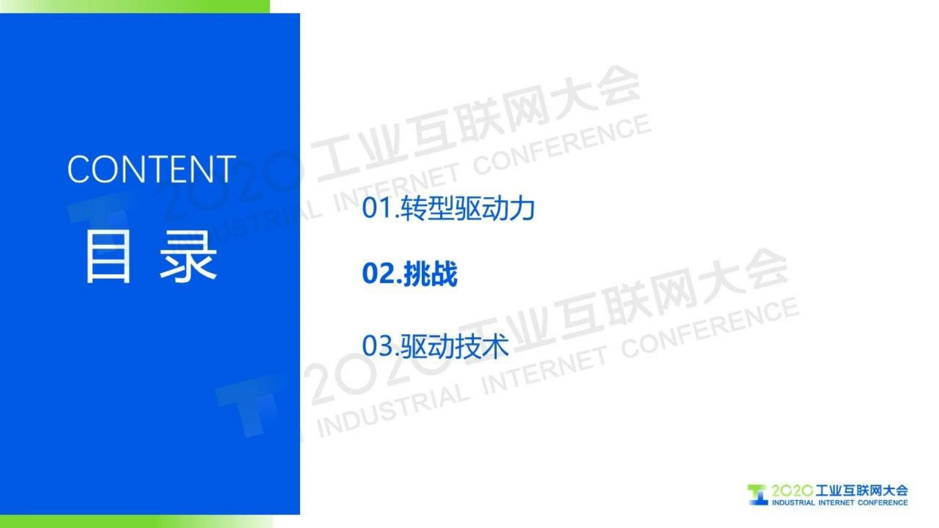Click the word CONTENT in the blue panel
[151, 169]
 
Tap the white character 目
[108, 257]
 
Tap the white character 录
[188, 257]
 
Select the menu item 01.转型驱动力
[448, 208]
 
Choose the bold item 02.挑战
[409, 274]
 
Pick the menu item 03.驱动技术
[435, 346]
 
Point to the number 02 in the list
[378, 274]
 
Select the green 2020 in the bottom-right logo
[792, 491]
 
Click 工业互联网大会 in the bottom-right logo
[861, 490]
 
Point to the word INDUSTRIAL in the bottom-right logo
[793, 503]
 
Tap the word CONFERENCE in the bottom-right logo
[882, 503]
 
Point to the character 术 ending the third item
[495, 346]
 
